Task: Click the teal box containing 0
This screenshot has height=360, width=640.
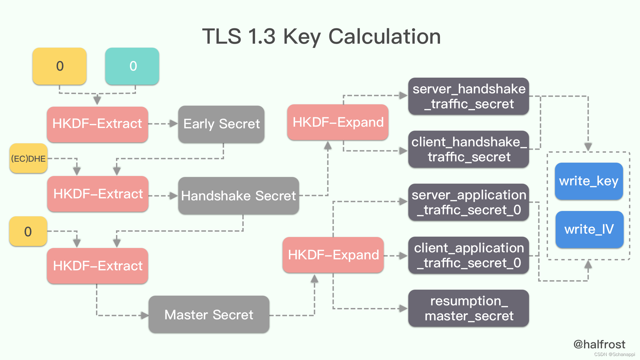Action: (x=132, y=66)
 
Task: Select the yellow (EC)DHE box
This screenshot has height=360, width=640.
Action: (x=28, y=158)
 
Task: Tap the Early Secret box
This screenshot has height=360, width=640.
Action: (x=221, y=124)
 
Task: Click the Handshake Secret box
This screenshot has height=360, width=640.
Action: (x=238, y=196)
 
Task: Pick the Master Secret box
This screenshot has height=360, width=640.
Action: (x=209, y=315)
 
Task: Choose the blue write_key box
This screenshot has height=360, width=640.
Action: (x=589, y=181)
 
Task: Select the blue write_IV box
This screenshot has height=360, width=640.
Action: (x=589, y=229)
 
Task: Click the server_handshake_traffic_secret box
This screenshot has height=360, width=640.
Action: (x=468, y=96)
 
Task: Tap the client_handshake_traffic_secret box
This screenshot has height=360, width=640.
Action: (x=468, y=149)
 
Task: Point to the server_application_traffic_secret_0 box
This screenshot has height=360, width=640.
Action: (x=468, y=202)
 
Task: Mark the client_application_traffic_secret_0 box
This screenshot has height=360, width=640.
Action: (x=468, y=255)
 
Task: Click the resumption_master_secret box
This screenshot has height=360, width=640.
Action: (x=468, y=308)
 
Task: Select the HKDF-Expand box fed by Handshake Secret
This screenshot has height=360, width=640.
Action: (x=338, y=122)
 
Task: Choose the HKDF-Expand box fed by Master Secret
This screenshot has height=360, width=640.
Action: (x=333, y=255)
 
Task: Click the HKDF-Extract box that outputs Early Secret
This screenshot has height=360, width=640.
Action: (x=97, y=124)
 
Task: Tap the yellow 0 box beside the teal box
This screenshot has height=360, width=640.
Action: (x=60, y=66)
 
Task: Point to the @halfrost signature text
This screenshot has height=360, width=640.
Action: (x=599, y=344)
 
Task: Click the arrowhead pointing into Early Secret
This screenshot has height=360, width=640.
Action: (x=173, y=124)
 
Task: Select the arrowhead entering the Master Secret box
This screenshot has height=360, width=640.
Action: (x=145, y=315)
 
